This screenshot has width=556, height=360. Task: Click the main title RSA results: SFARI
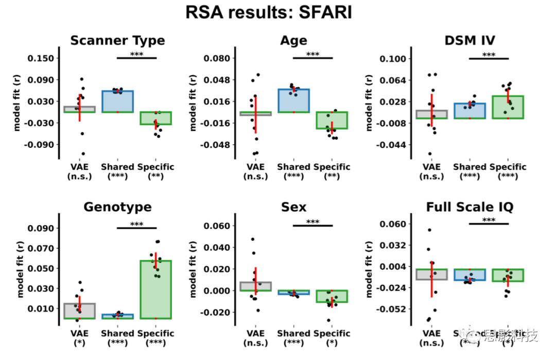269,12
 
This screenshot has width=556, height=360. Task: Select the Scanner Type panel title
117,41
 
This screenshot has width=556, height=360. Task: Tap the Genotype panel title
117,207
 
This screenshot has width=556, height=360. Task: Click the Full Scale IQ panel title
469,207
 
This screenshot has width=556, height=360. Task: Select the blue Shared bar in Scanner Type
117,101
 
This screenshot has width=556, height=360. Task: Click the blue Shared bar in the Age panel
293,100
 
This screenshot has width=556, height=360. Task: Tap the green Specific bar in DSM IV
508,107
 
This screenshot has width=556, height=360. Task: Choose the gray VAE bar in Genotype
79,311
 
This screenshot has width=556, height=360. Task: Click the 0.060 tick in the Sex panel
219,226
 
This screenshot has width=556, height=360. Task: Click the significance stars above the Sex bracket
312,222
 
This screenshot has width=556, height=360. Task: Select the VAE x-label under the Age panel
255,167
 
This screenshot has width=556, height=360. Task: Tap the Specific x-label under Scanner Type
155,167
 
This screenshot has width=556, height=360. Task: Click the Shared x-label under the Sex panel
293,333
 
